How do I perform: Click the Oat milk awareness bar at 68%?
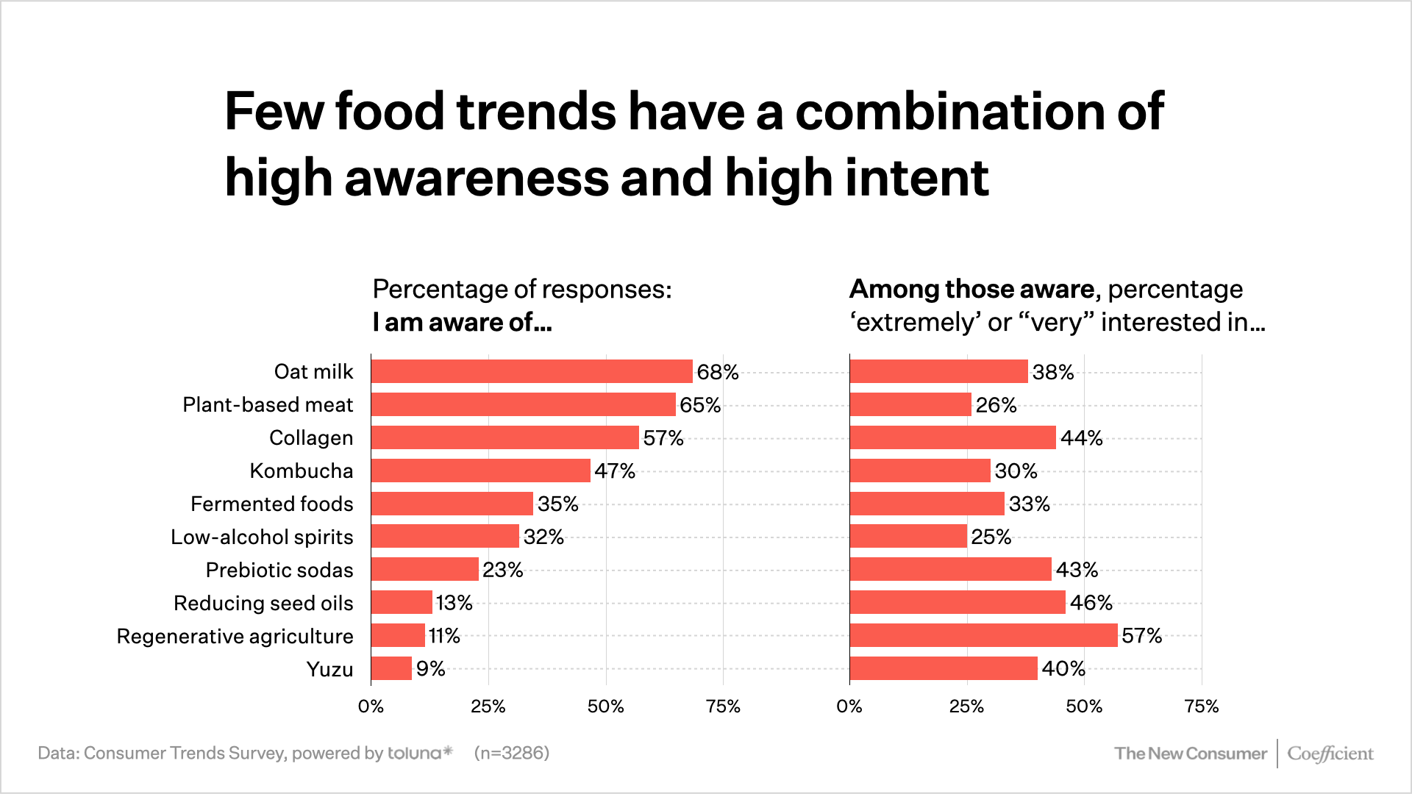pos(531,371)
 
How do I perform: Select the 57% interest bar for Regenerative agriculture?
pos(983,635)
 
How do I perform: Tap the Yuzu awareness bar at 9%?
pos(391,668)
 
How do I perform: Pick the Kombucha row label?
pos(302,471)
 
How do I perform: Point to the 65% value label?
pos(699,405)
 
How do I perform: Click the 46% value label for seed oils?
pos(1091,603)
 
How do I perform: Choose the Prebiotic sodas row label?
pos(279,570)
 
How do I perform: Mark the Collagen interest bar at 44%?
pos(952,437)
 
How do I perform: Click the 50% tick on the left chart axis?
pos(605,707)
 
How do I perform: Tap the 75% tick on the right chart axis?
pos(1201,707)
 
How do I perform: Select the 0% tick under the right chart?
pos(849,707)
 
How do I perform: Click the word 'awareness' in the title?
pos(477,178)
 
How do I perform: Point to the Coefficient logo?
pos(1330,754)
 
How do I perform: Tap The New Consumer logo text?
pos(1190,754)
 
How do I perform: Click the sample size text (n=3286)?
pos(512,753)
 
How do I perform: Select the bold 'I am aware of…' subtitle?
pos(462,322)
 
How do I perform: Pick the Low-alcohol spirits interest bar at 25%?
pos(908,537)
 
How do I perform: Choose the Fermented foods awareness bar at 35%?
pos(452,504)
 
